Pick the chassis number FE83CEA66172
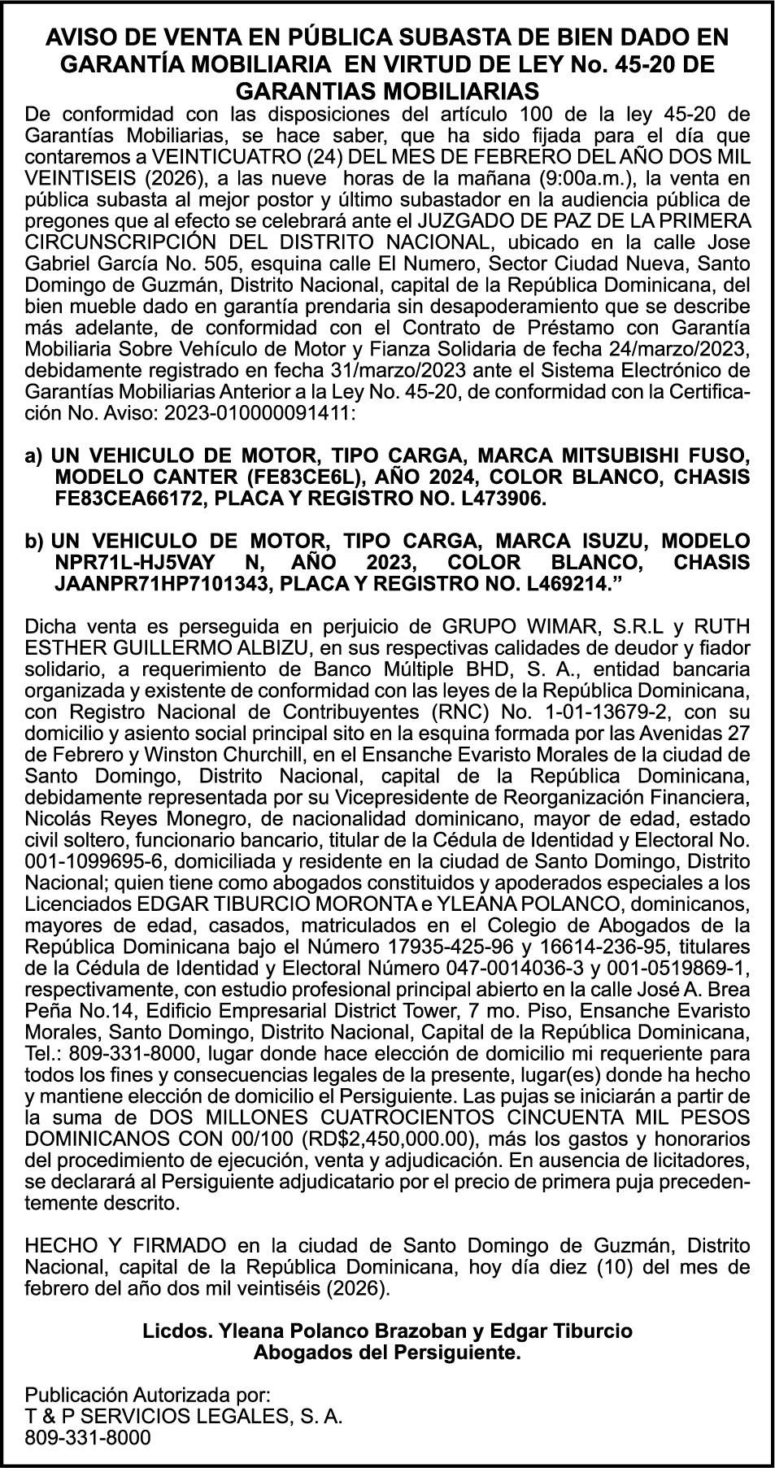pyautogui.click(x=121, y=498)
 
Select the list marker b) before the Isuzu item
pyautogui.click(x=35, y=542)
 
